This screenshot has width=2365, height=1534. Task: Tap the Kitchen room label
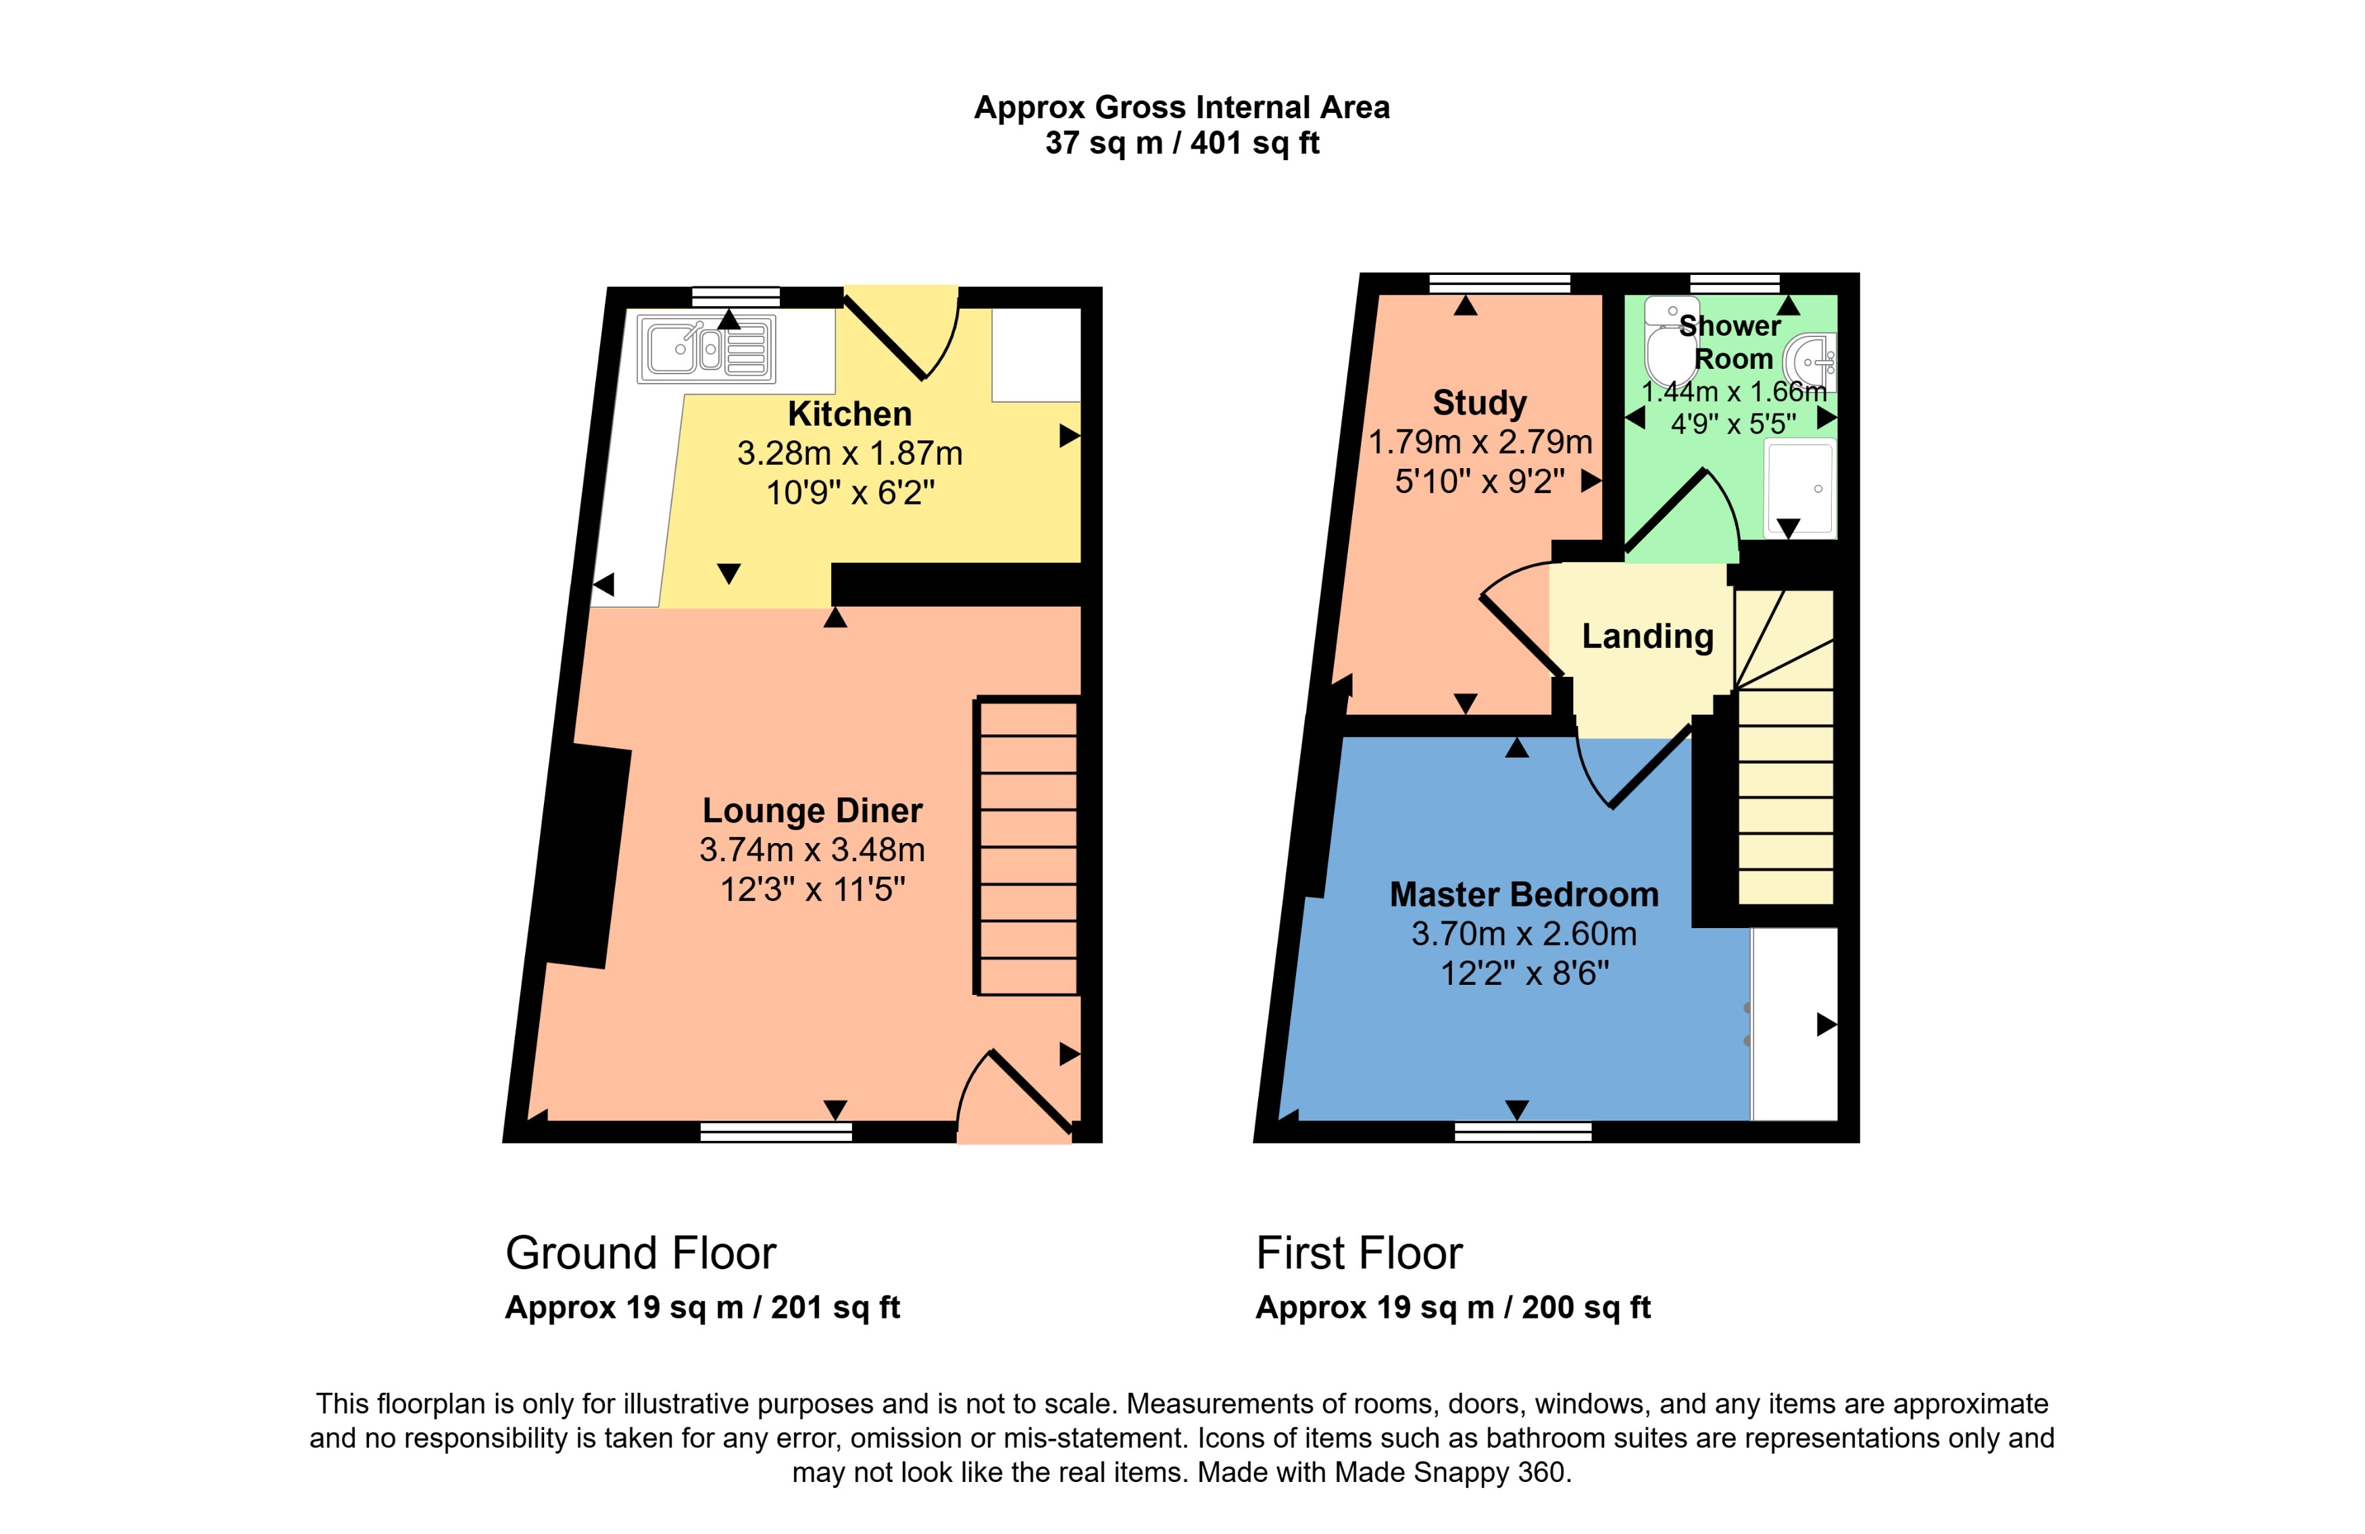point(849,413)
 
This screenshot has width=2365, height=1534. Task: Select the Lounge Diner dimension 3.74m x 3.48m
point(812,850)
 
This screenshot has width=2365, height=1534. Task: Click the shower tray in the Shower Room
point(1799,488)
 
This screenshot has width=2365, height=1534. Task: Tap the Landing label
point(1647,636)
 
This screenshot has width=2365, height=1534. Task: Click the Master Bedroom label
point(1523,894)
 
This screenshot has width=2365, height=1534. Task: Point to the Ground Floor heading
point(641,1253)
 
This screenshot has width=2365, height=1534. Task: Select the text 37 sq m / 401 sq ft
point(1182,143)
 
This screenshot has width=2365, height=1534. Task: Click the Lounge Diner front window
point(776,1131)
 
